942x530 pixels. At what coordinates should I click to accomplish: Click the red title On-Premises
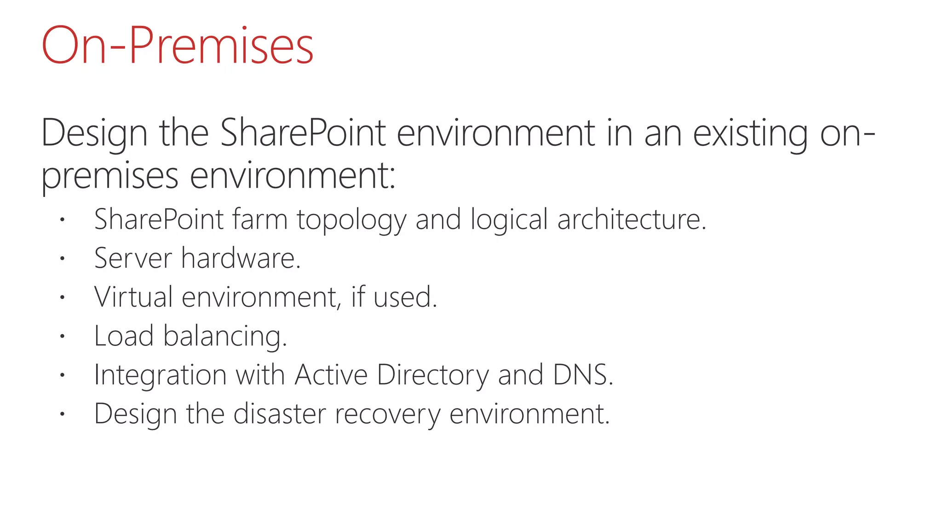tap(177, 46)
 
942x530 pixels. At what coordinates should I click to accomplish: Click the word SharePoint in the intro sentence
tap(303, 133)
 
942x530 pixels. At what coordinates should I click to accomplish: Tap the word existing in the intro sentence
tap(750, 133)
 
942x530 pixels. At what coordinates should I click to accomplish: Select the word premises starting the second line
tap(109, 177)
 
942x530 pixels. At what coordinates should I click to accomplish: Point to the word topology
tap(351, 220)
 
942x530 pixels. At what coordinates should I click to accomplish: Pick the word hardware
tap(240, 258)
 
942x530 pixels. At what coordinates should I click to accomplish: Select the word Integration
tap(160, 375)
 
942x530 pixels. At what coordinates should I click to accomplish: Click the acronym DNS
tap(582, 374)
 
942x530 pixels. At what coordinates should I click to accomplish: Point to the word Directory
tap(432, 375)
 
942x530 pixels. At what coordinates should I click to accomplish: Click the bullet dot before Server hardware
tap(62, 259)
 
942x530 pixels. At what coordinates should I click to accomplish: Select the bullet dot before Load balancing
tap(62, 336)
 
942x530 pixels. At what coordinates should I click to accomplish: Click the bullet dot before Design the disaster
tap(62, 414)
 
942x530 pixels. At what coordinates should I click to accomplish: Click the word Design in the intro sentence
tap(94, 133)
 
